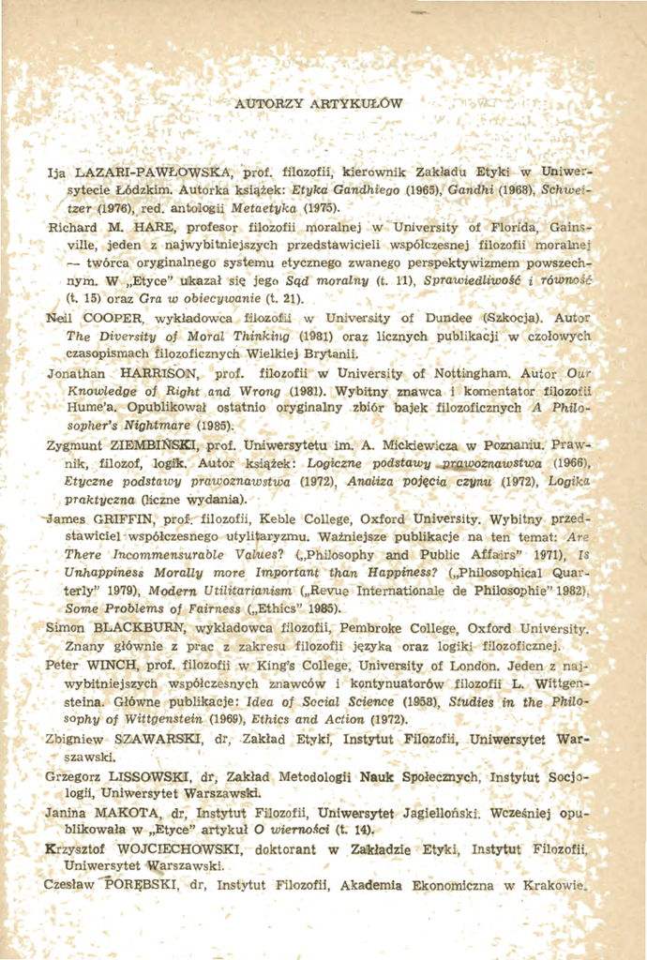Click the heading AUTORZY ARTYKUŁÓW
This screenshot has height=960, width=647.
(x=320, y=102)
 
